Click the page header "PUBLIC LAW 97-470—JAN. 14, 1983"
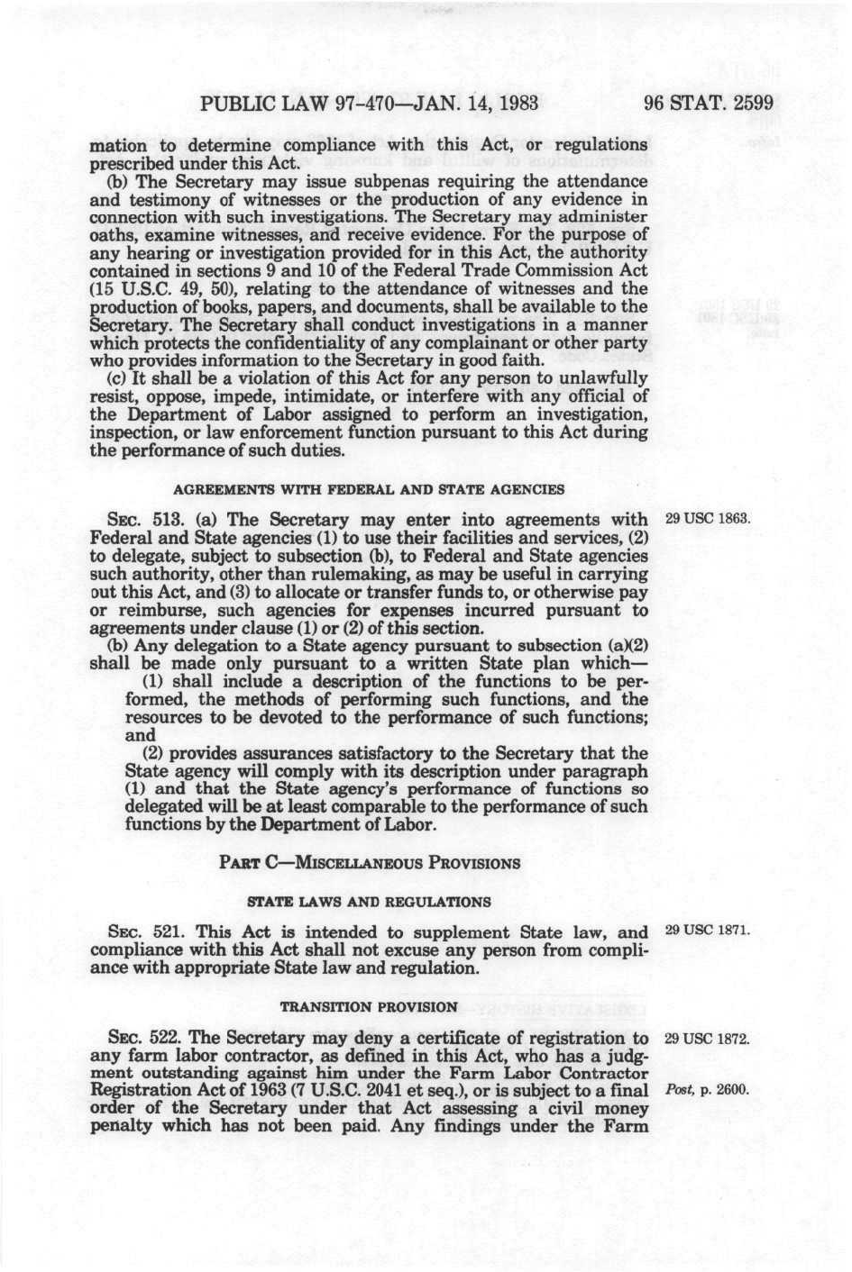tap(369, 102)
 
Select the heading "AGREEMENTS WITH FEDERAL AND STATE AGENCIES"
tap(369, 489)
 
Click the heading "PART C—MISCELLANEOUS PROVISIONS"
tap(370, 862)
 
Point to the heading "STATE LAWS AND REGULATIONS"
tap(369, 901)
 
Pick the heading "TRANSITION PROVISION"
tap(369, 1005)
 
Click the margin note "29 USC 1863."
tap(707, 520)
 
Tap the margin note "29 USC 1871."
tap(707, 931)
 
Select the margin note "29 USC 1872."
tap(707, 1038)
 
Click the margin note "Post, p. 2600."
tap(707, 1090)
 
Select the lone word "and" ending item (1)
tap(140, 735)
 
